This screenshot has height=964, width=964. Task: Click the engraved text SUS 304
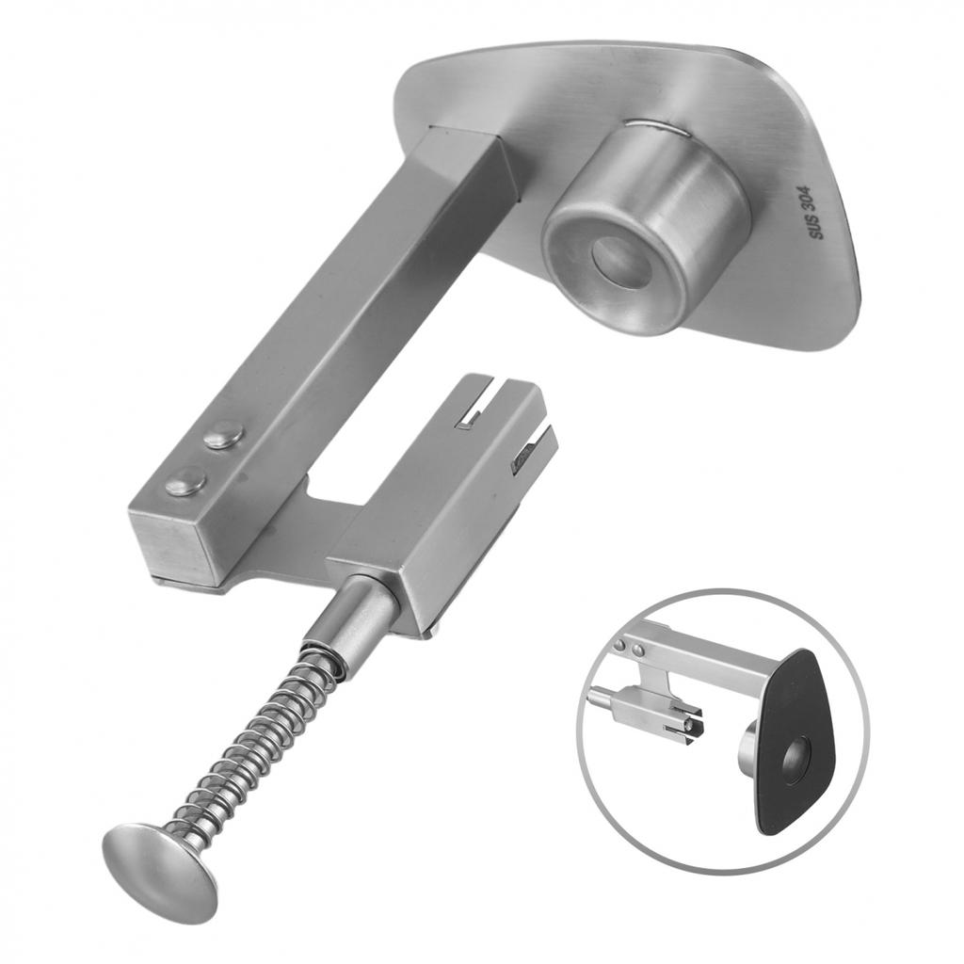(x=820, y=213)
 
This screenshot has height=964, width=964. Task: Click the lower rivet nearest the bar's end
(x=185, y=480)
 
